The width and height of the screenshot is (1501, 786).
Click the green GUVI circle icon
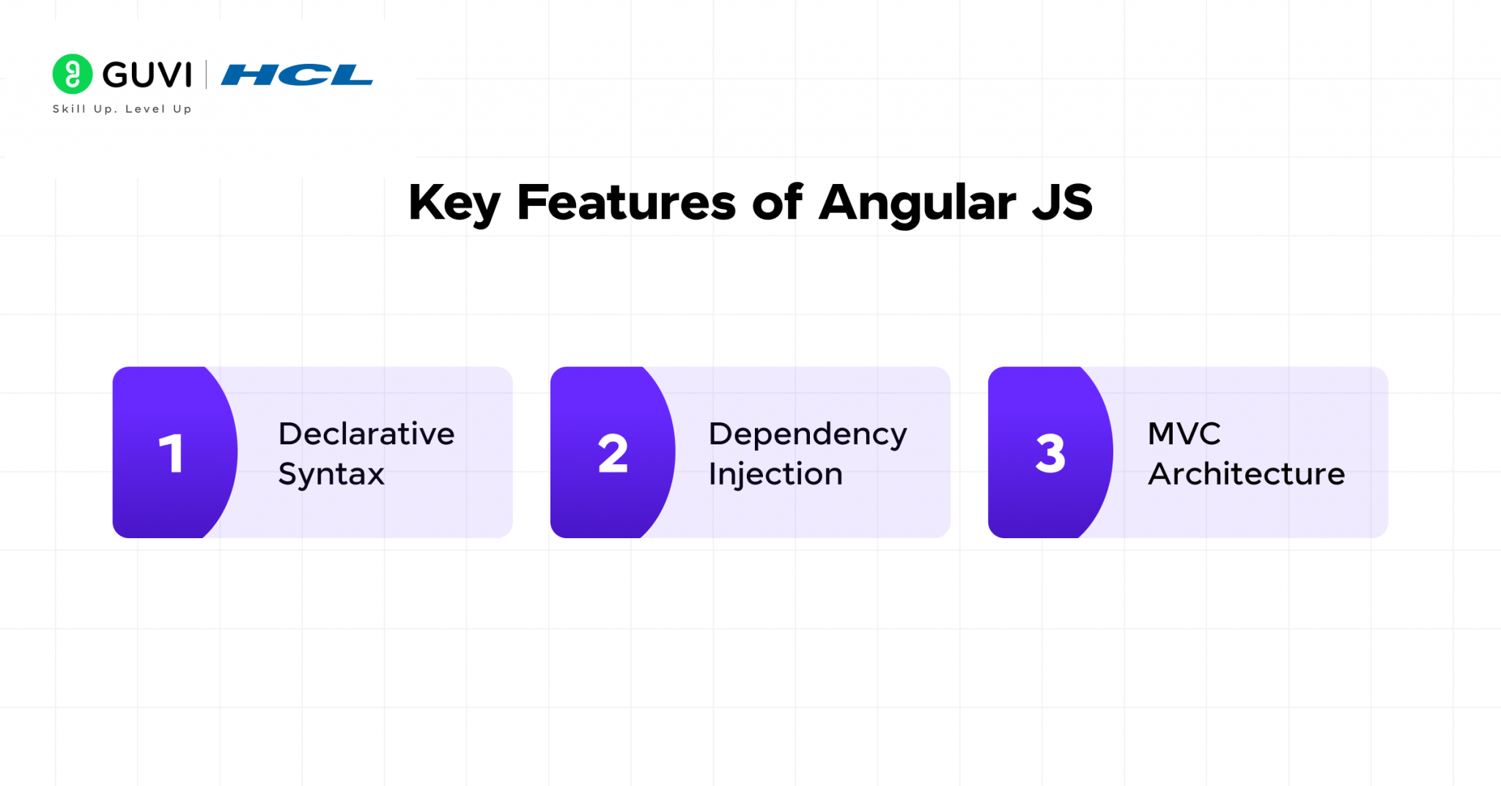pos(73,74)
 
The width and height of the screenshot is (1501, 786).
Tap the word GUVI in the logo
pos(147,75)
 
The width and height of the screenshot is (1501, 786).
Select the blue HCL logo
pos(297,75)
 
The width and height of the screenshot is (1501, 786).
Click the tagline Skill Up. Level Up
pos(122,109)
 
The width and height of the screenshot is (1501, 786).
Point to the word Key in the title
pos(454,203)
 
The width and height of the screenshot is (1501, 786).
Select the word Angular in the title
pos(917,203)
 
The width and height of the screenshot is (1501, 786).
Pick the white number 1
pos(171,453)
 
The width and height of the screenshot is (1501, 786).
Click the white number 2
pos(613,453)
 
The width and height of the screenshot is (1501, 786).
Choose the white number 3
pos(1050,453)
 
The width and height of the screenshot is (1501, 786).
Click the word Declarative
pos(366,433)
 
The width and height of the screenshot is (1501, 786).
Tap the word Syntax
pos(331,474)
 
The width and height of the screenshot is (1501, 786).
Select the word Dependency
pos(808,435)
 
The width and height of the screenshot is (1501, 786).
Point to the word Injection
pos(775,474)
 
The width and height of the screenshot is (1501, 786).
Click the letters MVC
pos(1184,433)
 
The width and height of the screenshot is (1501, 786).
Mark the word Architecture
pos(1246,474)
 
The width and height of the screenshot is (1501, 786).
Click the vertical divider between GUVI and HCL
pos(206,75)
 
